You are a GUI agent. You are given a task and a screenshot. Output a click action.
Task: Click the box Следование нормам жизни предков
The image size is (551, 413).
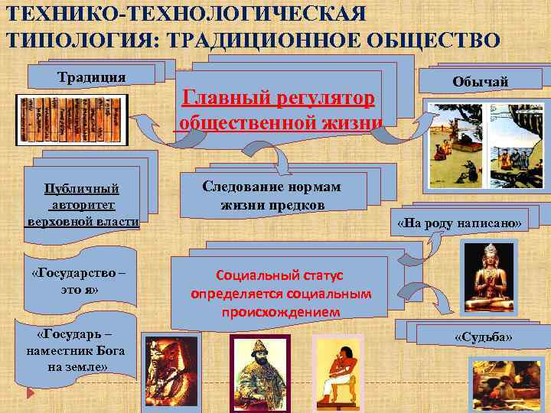tap(272, 196)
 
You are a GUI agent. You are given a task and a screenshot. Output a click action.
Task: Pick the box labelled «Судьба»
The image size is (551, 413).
tap(483, 337)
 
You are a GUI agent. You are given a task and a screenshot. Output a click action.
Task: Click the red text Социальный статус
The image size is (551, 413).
tap(280, 275)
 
